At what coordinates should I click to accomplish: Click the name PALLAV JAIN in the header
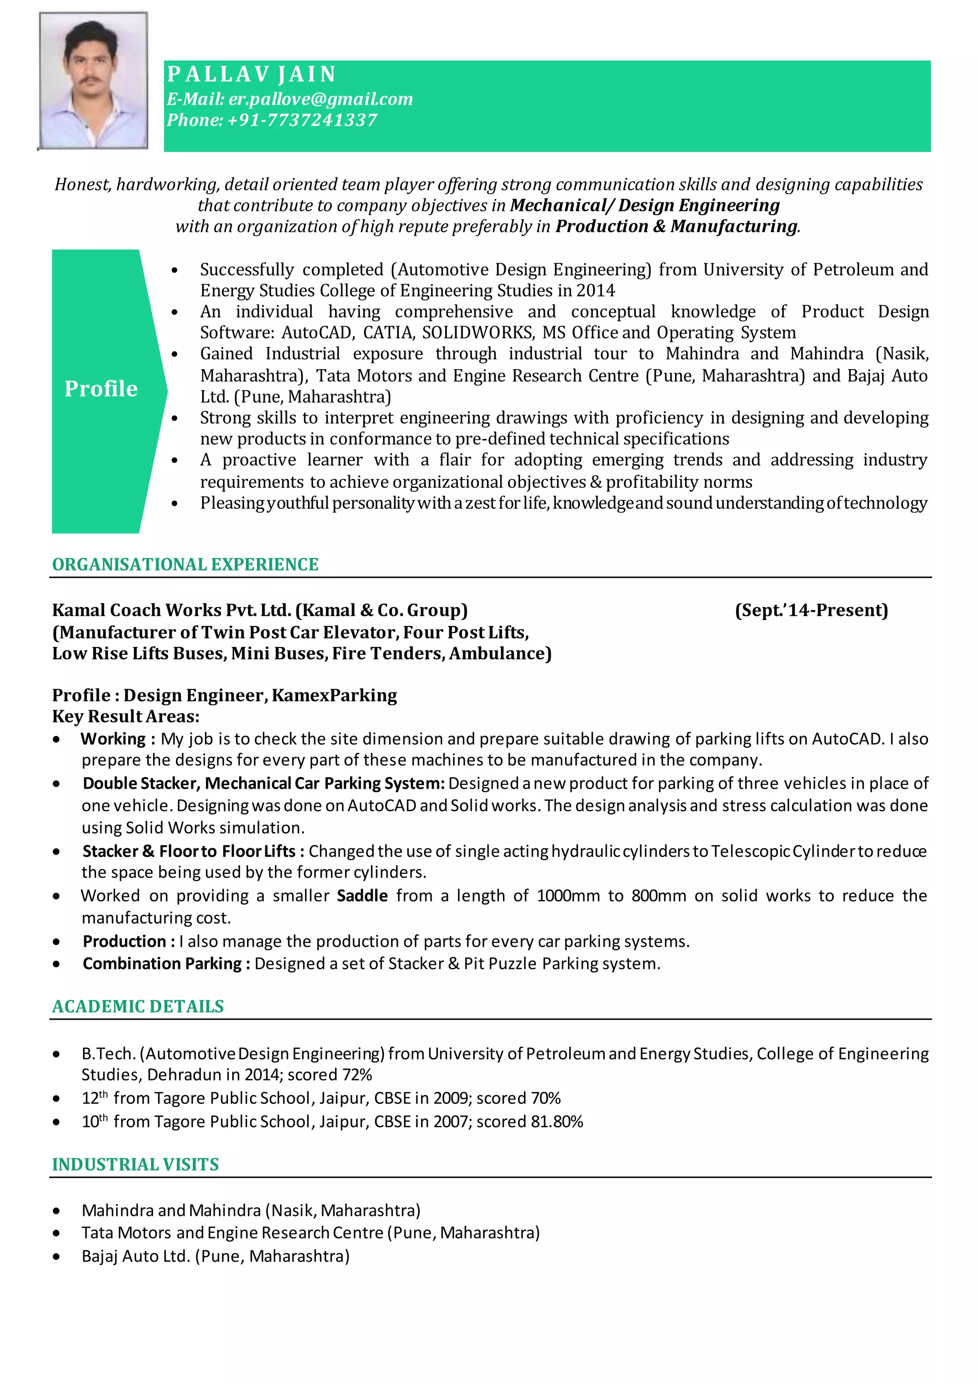(251, 74)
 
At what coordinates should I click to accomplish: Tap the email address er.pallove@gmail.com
(320, 99)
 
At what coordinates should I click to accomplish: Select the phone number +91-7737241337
(302, 120)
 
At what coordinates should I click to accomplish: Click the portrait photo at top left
(93, 81)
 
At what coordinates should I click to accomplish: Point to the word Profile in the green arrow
(101, 389)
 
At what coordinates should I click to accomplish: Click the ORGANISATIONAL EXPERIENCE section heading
(185, 564)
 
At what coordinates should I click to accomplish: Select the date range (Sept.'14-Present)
(811, 610)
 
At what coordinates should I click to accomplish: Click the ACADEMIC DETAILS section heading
(138, 1007)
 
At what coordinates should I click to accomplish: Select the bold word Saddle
(362, 896)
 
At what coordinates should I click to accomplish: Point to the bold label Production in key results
(125, 941)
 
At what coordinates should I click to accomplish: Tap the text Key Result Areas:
(125, 716)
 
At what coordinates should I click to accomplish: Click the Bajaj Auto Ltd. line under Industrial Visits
(215, 1256)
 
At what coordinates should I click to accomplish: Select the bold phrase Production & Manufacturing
(676, 227)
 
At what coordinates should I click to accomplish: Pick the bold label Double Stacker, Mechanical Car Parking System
(263, 783)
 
